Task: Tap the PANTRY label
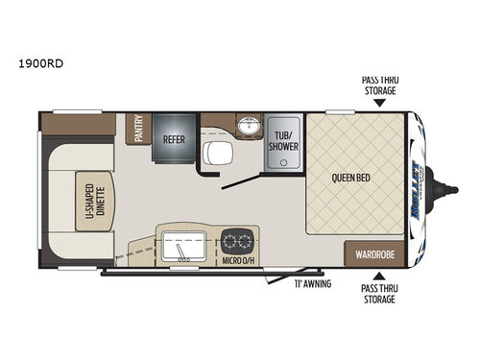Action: click(x=138, y=130)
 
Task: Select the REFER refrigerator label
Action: click(x=173, y=137)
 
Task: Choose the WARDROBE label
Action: click(x=374, y=254)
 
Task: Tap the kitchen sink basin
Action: click(x=180, y=246)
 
